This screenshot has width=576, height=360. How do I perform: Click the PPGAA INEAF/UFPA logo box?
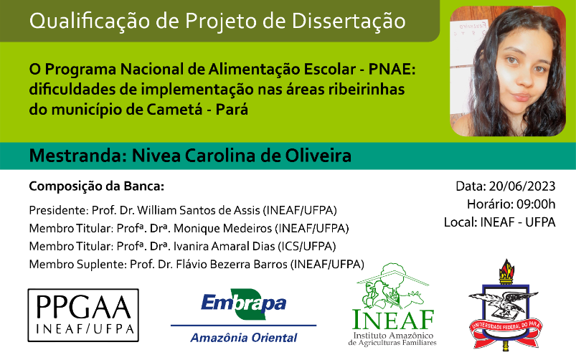[x=83, y=316]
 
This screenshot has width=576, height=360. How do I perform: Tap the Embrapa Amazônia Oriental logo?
[x=244, y=316]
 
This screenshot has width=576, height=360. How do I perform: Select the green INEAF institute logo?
[x=392, y=305]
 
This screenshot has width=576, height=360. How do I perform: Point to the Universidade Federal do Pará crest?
[x=506, y=304]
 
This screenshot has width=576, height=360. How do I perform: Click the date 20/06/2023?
[x=522, y=186]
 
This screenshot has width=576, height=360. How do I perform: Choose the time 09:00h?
[x=536, y=204]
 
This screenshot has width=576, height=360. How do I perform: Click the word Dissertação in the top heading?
[x=349, y=21]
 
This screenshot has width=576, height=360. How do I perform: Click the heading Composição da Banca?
[x=97, y=186]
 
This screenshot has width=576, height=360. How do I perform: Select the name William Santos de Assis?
[x=199, y=210]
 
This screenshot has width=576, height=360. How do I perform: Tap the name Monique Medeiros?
[x=222, y=228]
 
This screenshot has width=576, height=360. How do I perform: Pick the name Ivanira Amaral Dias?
[x=224, y=246]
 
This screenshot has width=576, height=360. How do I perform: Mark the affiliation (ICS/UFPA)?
[x=307, y=246]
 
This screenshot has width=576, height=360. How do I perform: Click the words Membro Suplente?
[x=77, y=264]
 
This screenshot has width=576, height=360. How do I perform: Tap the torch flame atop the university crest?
[x=506, y=268]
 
